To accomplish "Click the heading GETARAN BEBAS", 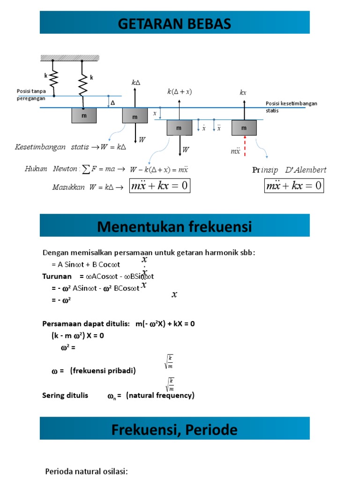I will [174, 23].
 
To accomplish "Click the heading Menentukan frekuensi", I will [174, 227].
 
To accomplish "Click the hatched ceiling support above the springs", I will [69, 58].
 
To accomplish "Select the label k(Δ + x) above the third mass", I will [180, 92].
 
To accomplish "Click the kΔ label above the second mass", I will [136, 82].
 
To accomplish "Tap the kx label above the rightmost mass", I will [243, 93].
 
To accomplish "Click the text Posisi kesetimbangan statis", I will [291, 107].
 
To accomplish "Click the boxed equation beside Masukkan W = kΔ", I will [160, 186].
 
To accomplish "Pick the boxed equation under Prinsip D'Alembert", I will [294, 186].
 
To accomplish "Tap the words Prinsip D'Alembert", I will [289, 170].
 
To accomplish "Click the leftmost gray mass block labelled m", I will [84, 115].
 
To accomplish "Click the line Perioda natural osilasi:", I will [86, 471].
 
